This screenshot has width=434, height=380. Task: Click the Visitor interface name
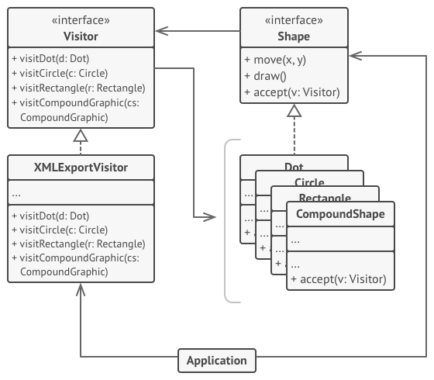pyautogui.click(x=81, y=36)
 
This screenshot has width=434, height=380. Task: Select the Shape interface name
pyautogui.click(x=293, y=36)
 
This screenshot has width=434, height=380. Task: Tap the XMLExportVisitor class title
pyautogui.click(x=81, y=168)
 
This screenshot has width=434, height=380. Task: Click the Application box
pyautogui.click(x=217, y=360)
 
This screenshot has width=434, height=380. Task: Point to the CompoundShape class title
pyautogui.click(x=340, y=214)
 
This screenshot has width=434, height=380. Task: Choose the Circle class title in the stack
pyautogui.click(x=310, y=182)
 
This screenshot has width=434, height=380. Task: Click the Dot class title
pyautogui.click(x=294, y=167)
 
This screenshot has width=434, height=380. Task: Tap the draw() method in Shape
pyautogui.click(x=267, y=77)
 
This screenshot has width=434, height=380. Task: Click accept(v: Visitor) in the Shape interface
pyautogui.click(x=292, y=93)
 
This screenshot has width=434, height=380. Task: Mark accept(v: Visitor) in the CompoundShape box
pyautogui.click(x=338, y=279)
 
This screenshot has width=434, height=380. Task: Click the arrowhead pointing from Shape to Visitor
pyautogui.click(x=160, y=32)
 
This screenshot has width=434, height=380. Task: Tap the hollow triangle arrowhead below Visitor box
pyautogui.click(x=81, y=136)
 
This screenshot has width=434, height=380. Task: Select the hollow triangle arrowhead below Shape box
pyautogui.click(x=293, y=112)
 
